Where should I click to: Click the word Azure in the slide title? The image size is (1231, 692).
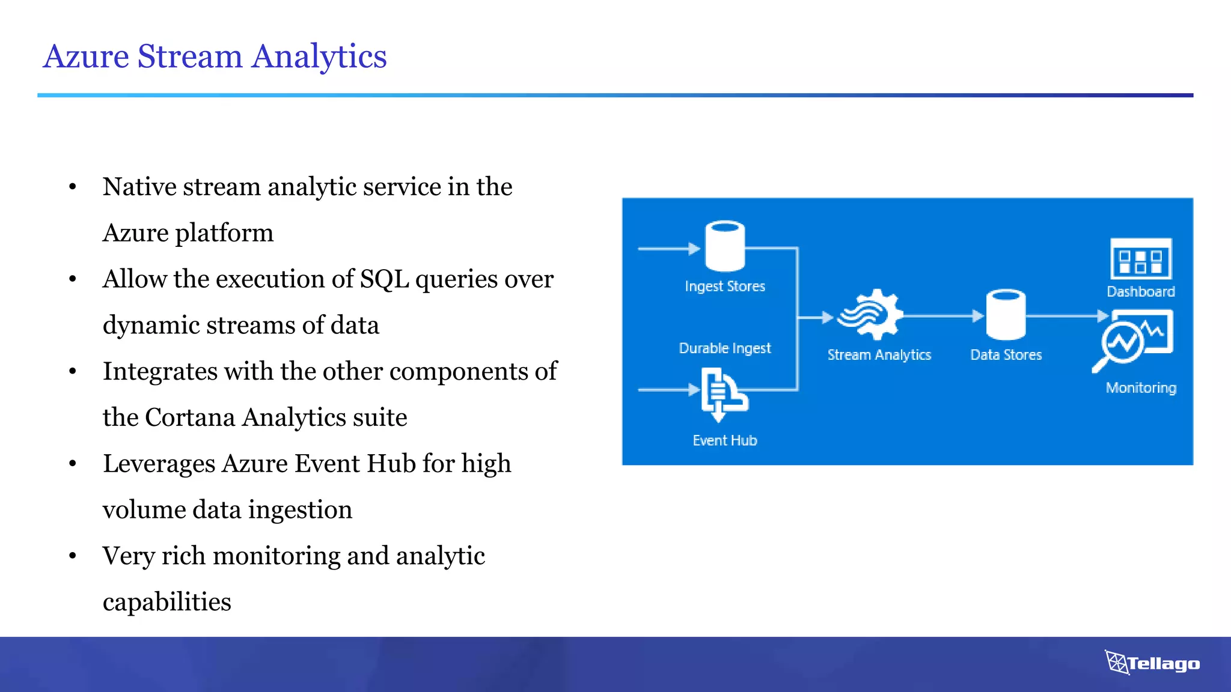click(x=86, y=56)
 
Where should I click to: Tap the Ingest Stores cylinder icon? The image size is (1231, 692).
click(x=724, y=246)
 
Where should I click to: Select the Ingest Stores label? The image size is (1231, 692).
click(x=724, y=287)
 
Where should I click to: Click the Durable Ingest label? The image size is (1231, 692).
click(x=724, y=348)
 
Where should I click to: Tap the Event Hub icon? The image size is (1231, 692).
click(x=723, y=394)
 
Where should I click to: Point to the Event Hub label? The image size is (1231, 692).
click(x=724, y=440)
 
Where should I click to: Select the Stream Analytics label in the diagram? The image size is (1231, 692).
click(x=879, y=355)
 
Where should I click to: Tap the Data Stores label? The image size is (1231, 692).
click(x=1006, y=355)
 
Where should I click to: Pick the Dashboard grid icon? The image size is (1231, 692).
click(x=1140, y=259)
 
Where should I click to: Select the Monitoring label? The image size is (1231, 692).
click(x=1140, y=388)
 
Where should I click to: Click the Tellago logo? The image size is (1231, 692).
click(x=1152, y=663)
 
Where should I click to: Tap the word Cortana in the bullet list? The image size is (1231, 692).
click(x=190, y=417)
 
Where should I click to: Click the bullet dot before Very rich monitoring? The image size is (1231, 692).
click(x=73, y=556)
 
